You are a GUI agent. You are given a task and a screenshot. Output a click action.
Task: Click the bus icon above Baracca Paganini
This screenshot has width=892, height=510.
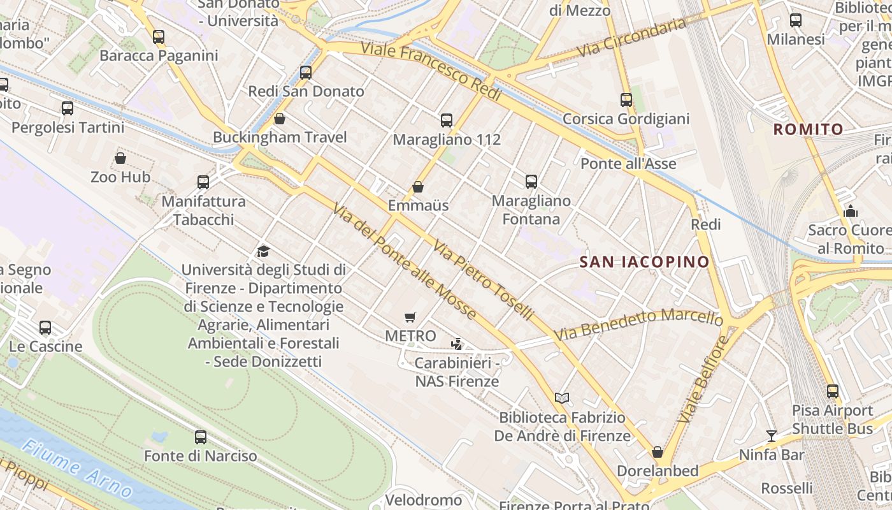tap(159, 37)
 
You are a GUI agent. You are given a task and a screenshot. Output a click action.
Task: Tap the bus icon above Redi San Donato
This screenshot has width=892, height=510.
tap(306, 73)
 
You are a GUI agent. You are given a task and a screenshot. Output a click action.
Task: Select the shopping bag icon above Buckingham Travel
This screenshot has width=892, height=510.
tap(279, 119)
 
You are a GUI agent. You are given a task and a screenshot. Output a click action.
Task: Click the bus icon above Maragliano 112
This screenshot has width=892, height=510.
tap(447, 120)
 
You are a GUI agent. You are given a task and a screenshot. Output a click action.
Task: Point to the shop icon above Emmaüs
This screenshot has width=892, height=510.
tap(418, 187)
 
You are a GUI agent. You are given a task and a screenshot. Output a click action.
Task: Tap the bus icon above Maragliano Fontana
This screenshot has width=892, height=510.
tap(531, 182)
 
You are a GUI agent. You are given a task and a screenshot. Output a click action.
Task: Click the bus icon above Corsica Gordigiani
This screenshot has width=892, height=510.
tap(626, 100)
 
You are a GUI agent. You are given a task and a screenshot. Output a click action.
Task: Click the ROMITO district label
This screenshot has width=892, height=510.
tap(808, 129)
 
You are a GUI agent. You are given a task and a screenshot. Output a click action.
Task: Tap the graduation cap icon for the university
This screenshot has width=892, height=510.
tap(263, 251)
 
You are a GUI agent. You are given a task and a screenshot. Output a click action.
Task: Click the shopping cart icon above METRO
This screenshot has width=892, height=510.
tap(410, 317)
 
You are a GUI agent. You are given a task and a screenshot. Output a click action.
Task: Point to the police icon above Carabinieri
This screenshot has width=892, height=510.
tap(456, 344)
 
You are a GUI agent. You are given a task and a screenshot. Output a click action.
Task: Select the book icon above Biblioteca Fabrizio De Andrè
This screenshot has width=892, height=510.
tap(561, 398)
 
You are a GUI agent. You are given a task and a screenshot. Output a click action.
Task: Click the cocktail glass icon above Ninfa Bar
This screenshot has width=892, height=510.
tap(772, 436)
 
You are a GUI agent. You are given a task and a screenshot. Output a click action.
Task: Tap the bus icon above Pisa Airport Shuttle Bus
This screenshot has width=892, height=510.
tap(832, 391)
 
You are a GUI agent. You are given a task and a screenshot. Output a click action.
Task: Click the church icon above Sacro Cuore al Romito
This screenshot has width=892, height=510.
tap(850, 211)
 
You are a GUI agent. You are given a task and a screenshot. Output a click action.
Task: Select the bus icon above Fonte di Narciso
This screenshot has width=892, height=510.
tap(201, 437)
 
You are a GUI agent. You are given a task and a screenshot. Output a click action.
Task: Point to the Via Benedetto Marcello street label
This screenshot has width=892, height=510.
tap(638, 324)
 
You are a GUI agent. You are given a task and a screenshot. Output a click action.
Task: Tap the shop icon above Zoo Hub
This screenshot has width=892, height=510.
tap(120, 158)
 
